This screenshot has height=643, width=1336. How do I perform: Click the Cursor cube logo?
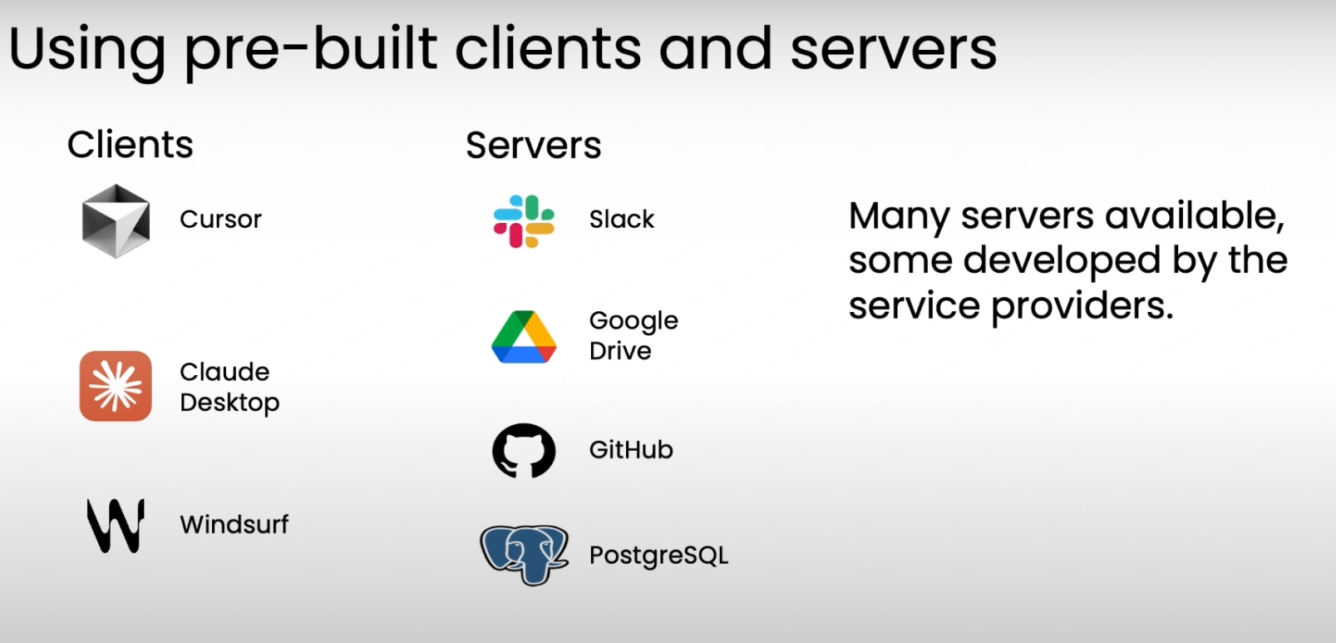pos(116,221)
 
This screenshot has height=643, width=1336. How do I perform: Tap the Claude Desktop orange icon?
pos(116,386)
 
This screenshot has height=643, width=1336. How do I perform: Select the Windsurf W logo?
pos(116,526)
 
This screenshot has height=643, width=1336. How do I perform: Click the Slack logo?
pos(524,221)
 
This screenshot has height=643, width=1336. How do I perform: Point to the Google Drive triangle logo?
pos(524,337)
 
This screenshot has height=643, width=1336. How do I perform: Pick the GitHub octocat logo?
pos(524,450)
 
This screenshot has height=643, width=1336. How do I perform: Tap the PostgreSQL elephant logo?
pos(525,555)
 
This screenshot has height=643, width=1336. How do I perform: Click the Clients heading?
pos(130,145)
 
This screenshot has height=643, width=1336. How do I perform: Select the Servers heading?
pos(533,145)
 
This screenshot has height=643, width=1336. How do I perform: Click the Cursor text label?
pos(220,219)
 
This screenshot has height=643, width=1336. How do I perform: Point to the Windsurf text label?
pos(234,524)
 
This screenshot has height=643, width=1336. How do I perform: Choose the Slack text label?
pos(622,219)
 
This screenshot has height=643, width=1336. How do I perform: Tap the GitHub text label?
pos(631,449)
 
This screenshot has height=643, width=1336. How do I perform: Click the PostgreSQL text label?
pos(658,555)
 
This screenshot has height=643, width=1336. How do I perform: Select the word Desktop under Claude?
pos(229,403)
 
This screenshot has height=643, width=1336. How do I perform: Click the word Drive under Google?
pos(620,350)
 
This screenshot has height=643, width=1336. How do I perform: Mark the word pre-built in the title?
pos(310,50)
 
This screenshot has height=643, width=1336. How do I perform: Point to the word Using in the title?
pos(86,50)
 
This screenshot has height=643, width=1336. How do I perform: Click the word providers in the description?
pos(1082,306)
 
